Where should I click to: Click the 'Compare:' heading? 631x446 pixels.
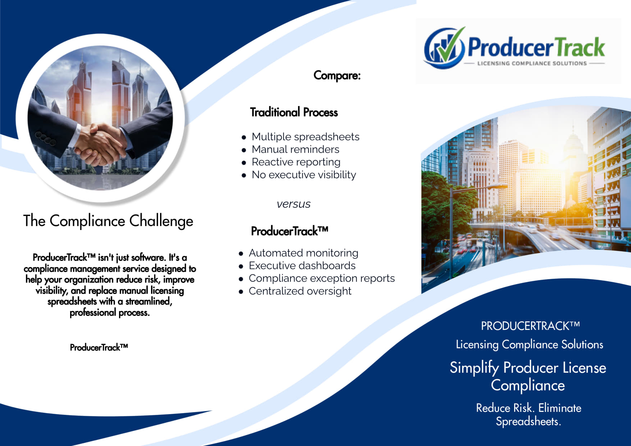coord(337,75)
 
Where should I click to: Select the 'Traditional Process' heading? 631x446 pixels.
coord(294,112)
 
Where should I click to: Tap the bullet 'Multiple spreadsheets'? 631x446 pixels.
coord(305,137)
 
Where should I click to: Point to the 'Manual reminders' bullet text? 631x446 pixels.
coord(295,149)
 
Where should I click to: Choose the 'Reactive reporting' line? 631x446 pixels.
coord(296,162)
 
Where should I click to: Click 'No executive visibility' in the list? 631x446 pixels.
coord(304,175)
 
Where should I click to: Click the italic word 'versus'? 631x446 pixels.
coord(293,204)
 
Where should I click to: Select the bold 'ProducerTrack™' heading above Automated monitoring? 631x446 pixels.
coord(289,231)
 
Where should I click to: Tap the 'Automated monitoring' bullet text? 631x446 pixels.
coord(303,253)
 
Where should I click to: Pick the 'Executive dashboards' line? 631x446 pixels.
coord(302,266)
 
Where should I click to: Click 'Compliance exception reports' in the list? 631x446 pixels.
coord(321,278)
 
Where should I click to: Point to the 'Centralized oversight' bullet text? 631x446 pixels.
coord(300,291)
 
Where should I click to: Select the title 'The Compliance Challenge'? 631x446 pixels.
coord(108,221)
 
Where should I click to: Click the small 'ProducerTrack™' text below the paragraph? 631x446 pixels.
coord(99,347)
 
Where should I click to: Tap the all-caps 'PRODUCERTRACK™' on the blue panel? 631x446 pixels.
coord(530,326)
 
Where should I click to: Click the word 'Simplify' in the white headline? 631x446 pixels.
coord(474,368)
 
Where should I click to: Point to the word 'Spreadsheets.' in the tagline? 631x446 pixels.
coord(528,421)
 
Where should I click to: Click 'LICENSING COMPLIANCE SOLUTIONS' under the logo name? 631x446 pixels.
coord(532,64)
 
